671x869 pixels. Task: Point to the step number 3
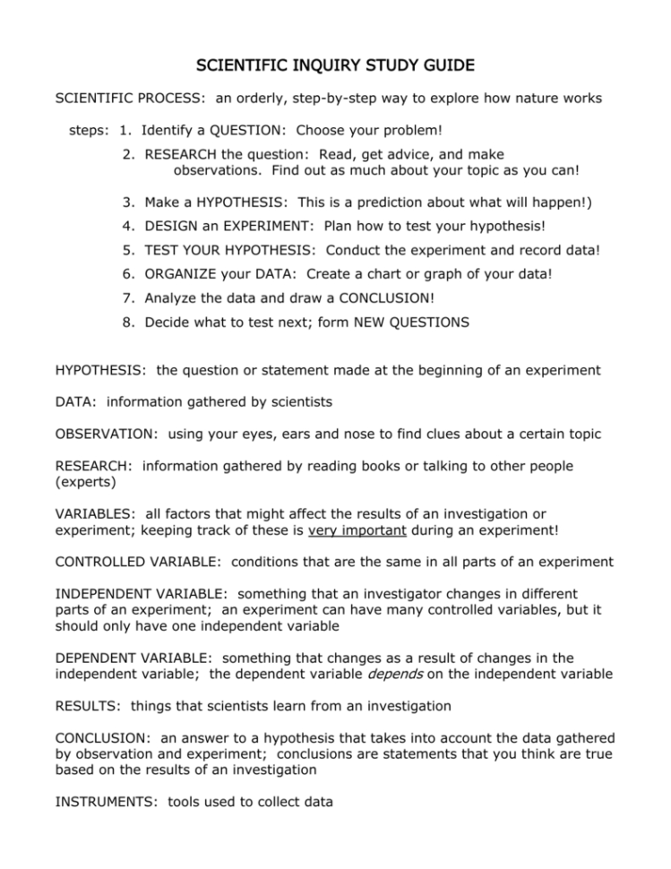pyautogui.click(x=130, y=202)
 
